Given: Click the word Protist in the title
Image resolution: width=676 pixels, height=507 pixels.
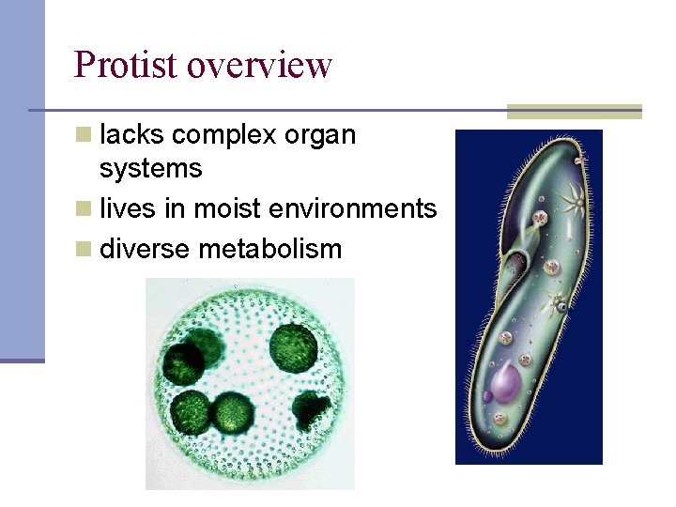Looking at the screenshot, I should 126,66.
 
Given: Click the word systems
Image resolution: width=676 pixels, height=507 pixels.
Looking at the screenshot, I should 150,169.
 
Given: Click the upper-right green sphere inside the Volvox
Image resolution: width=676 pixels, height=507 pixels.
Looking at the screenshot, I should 292,346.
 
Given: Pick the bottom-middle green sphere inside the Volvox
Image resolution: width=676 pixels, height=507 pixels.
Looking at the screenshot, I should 231,412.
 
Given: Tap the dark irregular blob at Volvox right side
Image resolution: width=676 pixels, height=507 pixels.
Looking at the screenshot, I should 311,409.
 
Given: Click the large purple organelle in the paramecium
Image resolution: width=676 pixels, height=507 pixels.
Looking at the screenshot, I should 506,384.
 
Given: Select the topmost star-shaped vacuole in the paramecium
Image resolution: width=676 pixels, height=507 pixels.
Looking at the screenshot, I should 570,199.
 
